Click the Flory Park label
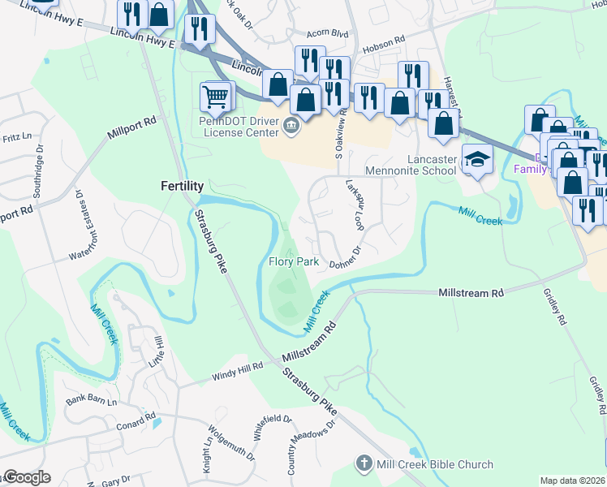pos(294,262)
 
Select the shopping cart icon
pos(215,97)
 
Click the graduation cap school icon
pos(477,161)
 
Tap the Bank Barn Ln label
pos(92,402)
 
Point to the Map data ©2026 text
pos(572,481)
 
